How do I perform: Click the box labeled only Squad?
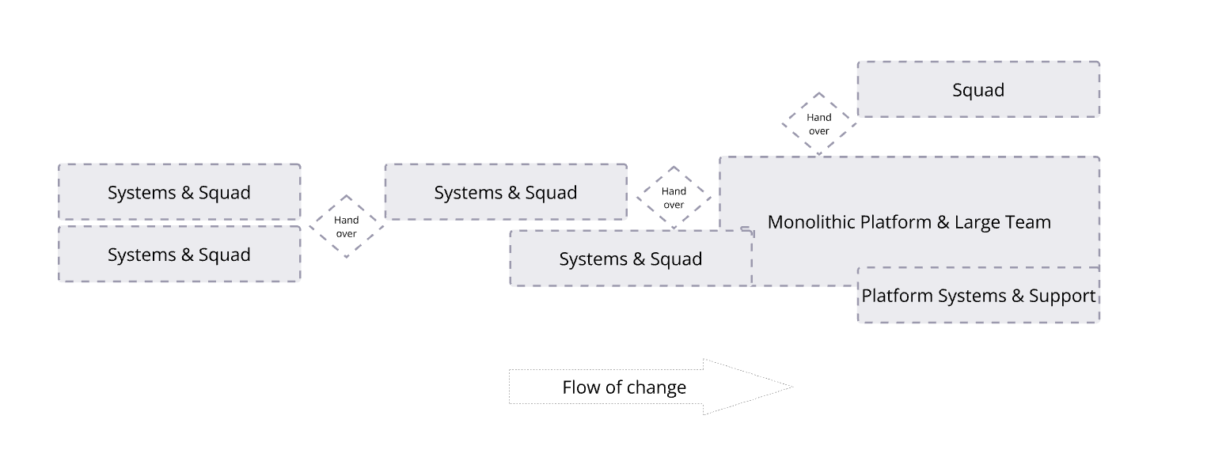(x=978, y=90)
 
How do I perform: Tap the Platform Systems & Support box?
(x=978, y=296)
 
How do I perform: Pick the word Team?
(x=1028, y=222)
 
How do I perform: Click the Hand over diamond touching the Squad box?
(x=819, y=124)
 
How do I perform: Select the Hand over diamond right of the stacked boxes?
(x=346, y=227)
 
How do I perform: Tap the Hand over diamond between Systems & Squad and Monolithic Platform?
(x=674, y=198)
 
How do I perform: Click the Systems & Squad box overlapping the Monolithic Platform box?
(x=631, y=259)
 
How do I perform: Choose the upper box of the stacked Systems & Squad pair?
(x=179, y=193)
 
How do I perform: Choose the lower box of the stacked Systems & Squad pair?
(x=179, y=255)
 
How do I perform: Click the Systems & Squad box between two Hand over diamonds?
(x=505, y=193)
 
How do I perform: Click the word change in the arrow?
(x=660, y=388)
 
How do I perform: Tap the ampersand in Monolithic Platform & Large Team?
(x=943, y=222)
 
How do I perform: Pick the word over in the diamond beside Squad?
(x=819, y=131)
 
